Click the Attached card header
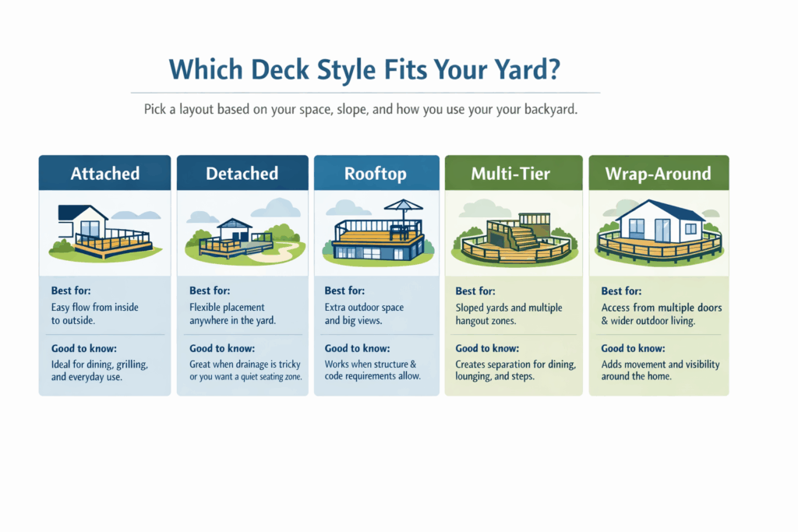[105, 173]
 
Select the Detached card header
[242, 173]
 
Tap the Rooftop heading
[376, 173]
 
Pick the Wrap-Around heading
[658, 173]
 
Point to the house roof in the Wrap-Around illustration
[658, 208]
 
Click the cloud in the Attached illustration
[125, 214]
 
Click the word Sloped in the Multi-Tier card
[471, 308]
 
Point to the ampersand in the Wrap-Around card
[606, 319]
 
